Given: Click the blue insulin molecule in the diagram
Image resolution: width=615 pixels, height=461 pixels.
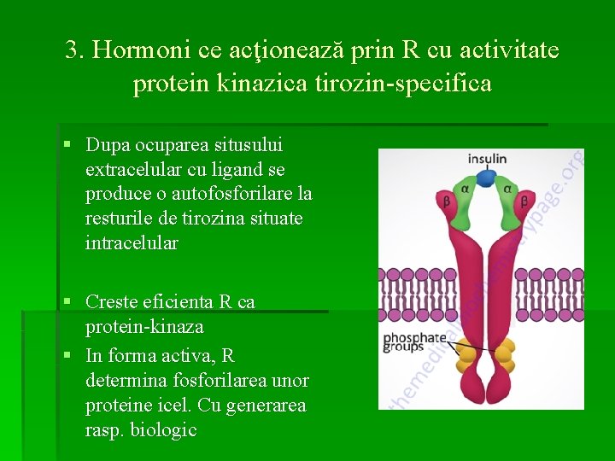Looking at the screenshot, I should [x=485, y=178].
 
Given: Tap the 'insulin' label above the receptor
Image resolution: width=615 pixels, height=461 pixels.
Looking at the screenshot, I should [x=487, y=159].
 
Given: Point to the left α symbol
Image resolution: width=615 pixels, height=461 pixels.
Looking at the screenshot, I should [x=465, y=189].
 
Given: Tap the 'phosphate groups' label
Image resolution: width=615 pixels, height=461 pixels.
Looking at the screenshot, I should [x=414, y=341].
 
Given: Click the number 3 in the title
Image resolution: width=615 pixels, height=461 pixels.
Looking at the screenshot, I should [x=72, y=50].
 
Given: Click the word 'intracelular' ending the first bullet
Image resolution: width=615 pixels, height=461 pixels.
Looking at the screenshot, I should [x=132, y=243].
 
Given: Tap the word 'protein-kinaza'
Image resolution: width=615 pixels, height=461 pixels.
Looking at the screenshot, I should [x=143, y=326].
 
